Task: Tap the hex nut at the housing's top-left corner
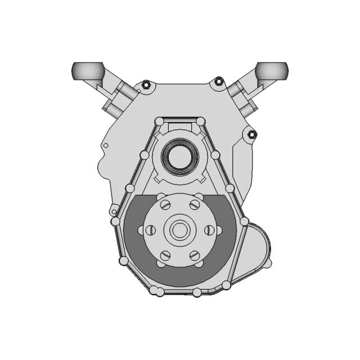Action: (146, 85)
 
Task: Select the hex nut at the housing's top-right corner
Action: (218, 83)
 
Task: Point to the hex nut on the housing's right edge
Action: (251, 134)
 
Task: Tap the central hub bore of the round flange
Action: (180, 230)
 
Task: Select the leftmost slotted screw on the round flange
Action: (150, 230)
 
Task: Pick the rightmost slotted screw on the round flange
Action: (210, 230)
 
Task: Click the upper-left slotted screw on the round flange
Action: (165, 205)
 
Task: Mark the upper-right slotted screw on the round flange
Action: (195, 205)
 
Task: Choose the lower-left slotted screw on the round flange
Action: (165, 256)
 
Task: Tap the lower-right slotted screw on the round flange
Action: (195, 256)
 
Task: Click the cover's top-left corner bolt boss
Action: (160, 121)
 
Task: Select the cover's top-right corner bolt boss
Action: (200, 121)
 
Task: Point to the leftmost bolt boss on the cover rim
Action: (116, 222)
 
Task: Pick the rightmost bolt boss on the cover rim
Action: (244, 222)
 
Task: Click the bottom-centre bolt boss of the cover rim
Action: (196, 292)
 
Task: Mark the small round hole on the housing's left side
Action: (105, 145)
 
